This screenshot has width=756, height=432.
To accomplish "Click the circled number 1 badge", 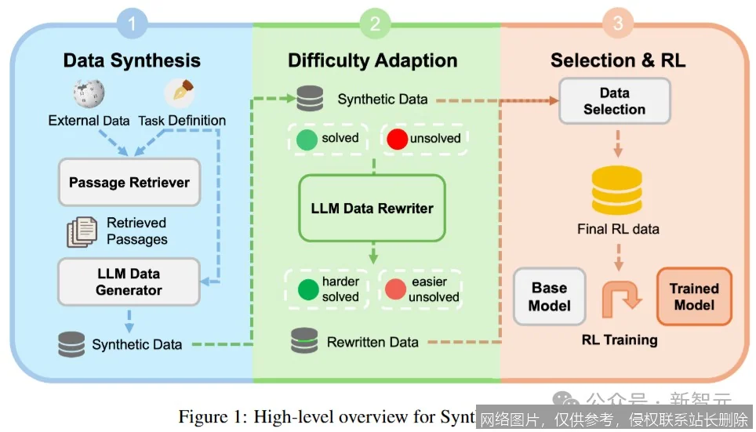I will [132, 24].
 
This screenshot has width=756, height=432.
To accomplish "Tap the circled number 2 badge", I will [375, 24].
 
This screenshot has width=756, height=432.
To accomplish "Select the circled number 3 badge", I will [617, 24].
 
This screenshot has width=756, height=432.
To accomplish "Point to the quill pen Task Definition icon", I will [180, 93].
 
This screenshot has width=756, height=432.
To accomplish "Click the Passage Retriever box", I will [129, 182].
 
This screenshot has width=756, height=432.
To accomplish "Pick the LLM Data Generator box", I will [129, 281].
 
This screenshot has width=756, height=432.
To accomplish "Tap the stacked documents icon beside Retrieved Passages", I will [82, 231].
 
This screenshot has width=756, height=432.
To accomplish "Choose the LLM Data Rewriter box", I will [372, 208].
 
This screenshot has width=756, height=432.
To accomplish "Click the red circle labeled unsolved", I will [398, 140].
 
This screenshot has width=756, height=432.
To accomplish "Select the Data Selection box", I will [614, 101].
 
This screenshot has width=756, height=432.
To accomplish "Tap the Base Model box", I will [549, 296].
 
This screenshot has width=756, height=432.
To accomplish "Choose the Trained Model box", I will [694, 296].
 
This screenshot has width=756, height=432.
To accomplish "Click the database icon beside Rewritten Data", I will [304, 341].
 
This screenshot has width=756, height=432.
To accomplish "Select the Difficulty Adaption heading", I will [373, 60].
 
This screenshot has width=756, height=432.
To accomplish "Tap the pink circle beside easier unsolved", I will [395, 289].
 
